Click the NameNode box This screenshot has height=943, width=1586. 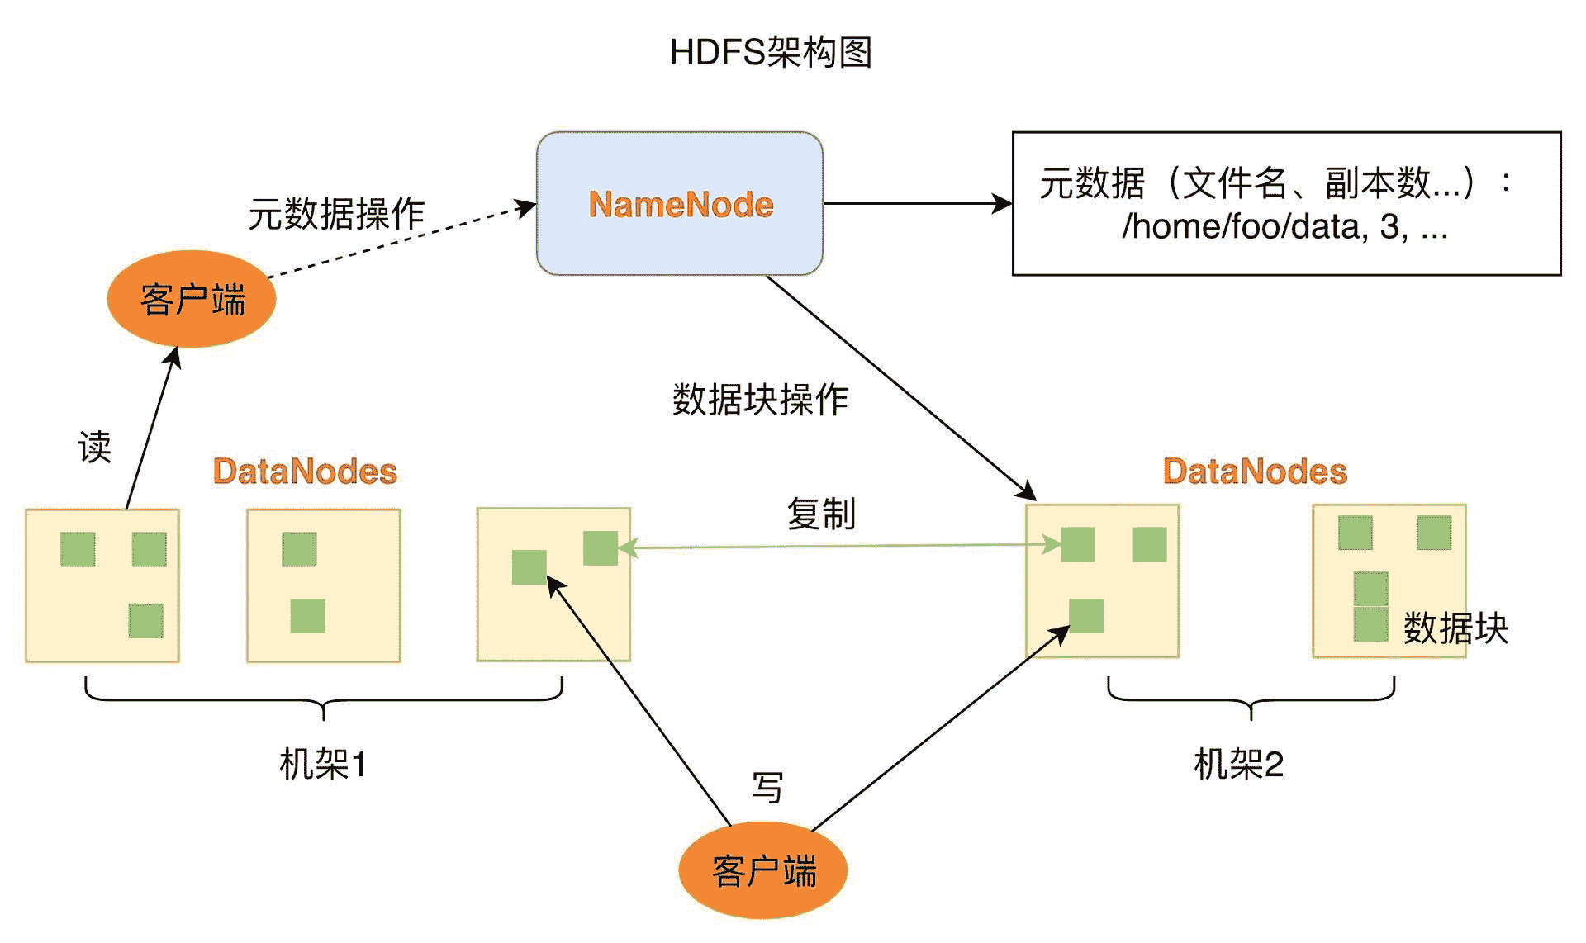(x=680, y=203)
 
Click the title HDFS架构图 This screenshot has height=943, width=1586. (x=770, y=53)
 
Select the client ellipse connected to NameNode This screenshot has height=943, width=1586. (x=192, y=299)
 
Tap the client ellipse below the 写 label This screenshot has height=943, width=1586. (x=763, y=870)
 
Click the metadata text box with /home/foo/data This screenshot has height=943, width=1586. (x=1286, y=203)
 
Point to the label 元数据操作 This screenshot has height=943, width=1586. (x=336, y=214)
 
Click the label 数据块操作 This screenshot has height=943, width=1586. (x=760, y=400)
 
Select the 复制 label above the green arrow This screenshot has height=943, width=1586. (x=821, y=514)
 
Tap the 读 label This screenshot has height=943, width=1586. (x=94, y=448)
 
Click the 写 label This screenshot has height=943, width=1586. (x=767, y=787)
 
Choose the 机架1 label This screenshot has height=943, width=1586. (x=322, y=764)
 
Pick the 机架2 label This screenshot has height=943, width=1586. (x=1238, y=764)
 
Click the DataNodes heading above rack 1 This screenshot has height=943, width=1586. (x=305, y=471)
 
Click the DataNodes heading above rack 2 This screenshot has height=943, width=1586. (x=1255, y=471)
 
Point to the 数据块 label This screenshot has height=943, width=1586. (x=1455, y=628)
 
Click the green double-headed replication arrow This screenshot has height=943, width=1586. (x=838, y=546)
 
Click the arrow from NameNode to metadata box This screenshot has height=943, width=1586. (x=917, y=203)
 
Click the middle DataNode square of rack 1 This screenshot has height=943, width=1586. (x=324, y=585)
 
